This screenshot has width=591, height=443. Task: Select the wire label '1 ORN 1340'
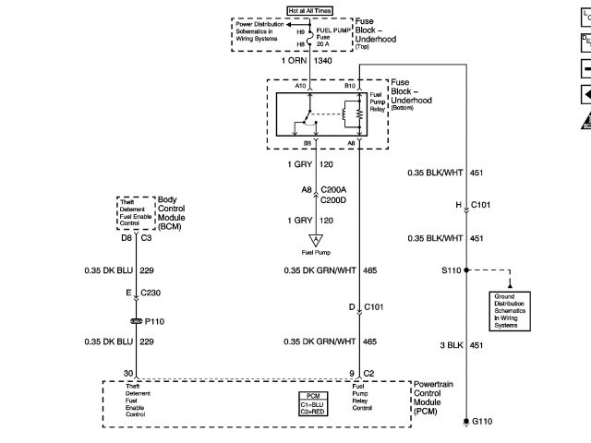(309, 61)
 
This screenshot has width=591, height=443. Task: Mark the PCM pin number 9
(351, 373)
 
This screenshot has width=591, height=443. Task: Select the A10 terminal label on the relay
(301, 86)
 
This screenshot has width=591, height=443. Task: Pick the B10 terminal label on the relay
(350, 86)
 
